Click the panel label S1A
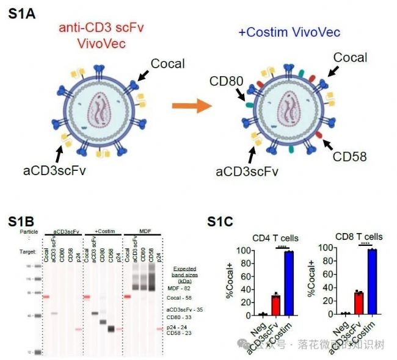(22, 13)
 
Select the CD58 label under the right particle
(350, 157)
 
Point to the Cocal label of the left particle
(167, 63)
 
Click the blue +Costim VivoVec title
(288, 32)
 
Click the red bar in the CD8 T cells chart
(359, 303)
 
